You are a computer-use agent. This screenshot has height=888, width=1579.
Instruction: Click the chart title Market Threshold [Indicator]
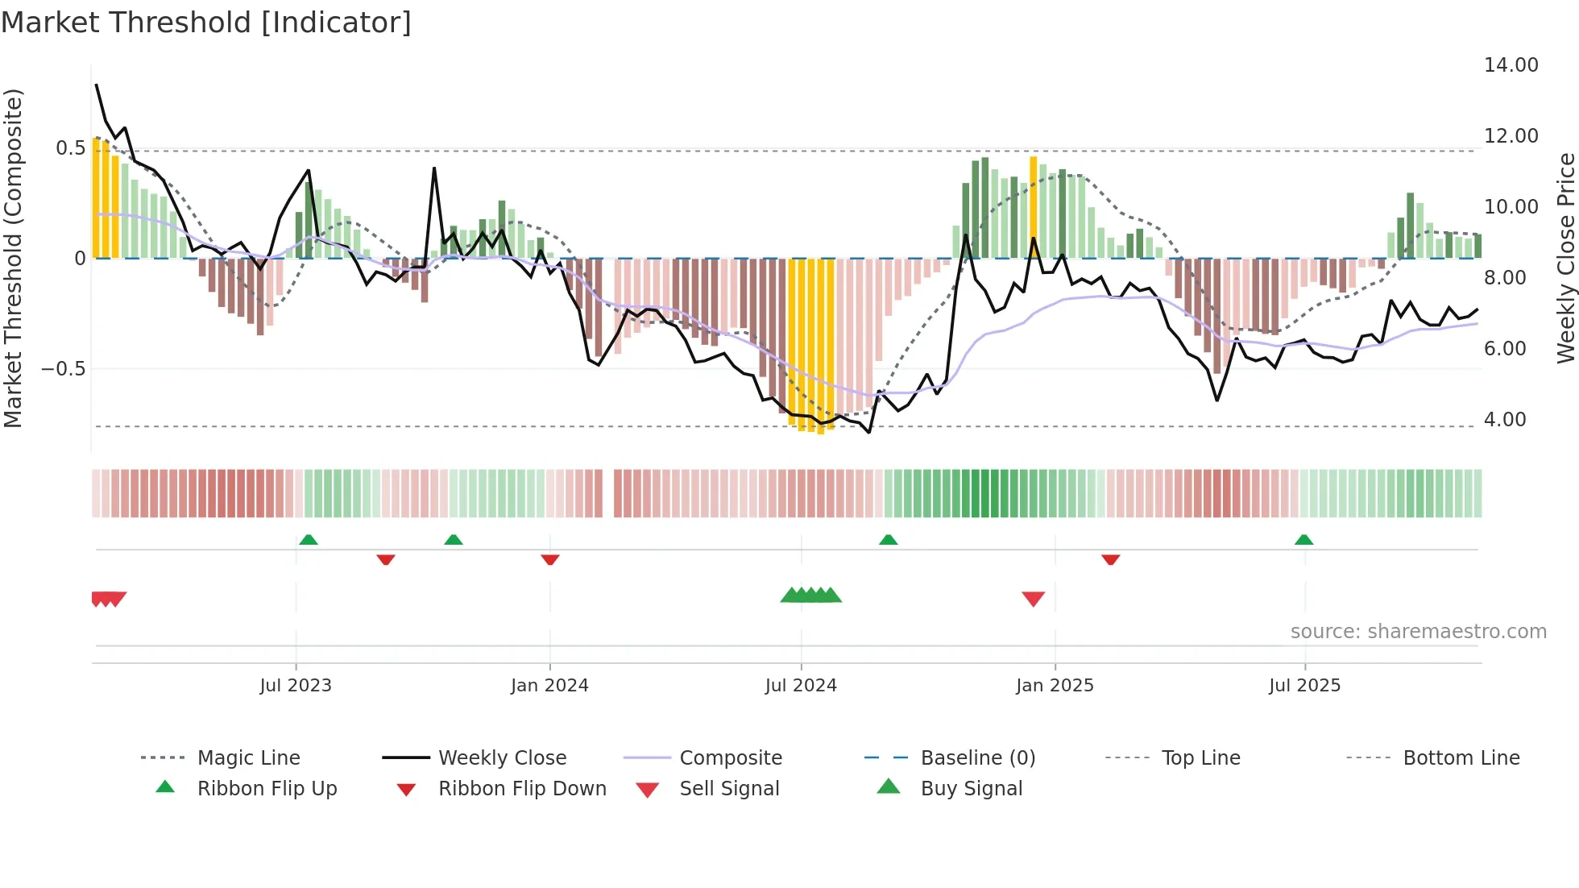click(x=206, y=23)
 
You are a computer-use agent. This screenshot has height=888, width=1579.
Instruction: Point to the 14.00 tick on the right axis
click(x=1511, y=65)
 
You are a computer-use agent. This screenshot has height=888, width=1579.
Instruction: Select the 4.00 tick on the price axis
click(x=1504, y=420)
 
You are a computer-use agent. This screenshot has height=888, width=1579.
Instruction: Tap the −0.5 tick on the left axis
click(x=63, y=369)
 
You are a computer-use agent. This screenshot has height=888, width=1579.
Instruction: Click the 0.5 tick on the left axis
click(x=70, y=148)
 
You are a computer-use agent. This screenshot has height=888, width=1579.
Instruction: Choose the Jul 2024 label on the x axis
click(x=801, y=686)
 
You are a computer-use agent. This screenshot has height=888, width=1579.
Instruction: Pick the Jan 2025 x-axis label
click(x=1055, y=686)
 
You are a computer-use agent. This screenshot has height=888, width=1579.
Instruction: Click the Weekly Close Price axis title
click(x=1565, y=258)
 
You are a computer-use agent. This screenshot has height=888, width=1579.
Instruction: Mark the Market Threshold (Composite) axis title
click(x=13, y=258)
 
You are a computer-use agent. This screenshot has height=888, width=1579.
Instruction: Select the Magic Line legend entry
click(x=248, y=758)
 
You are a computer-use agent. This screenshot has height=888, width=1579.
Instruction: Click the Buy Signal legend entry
click(x=971, y=789)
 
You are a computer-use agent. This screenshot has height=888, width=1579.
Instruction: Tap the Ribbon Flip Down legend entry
click(x=521, y=789)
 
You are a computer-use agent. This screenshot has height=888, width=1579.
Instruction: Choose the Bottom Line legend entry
click(x=1461, y=758)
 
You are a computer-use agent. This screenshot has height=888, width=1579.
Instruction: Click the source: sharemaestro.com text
click(x=1418, y=632)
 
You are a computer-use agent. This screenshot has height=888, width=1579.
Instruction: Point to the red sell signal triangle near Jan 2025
click(x=1033, y=599)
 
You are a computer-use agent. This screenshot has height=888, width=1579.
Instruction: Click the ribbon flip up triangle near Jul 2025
click(x=1303, y=540)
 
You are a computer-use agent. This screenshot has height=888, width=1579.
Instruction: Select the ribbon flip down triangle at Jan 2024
click(x=550, y=559)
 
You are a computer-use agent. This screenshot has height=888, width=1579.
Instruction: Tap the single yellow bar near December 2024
click(x=1034, y=193)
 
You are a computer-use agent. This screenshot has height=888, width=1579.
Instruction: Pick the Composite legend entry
click(x=730, y=758)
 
